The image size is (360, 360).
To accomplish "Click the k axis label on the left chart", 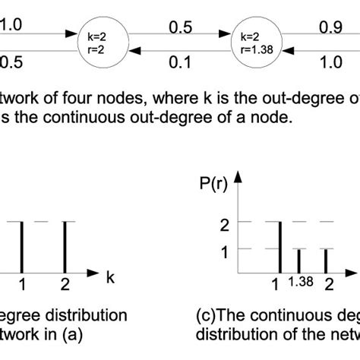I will tap(111, 278).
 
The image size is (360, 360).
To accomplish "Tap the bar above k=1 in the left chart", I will tap(23, 247).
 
